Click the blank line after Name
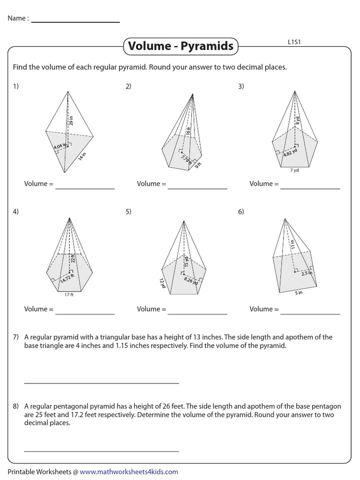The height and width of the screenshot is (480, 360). [75, 22]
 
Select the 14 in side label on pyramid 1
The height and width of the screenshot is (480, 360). [82, 157]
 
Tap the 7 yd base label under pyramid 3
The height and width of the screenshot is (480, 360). [294, 171]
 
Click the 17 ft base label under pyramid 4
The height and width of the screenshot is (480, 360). [69, 295]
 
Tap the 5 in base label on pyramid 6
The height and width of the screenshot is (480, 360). [299, 293]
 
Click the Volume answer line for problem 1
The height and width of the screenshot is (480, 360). [85, 188]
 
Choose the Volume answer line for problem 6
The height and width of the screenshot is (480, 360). [310, 314]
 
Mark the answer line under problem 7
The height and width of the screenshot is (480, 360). [101, 383]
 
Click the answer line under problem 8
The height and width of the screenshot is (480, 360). [101, 451]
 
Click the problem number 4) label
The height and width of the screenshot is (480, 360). [16, 212]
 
